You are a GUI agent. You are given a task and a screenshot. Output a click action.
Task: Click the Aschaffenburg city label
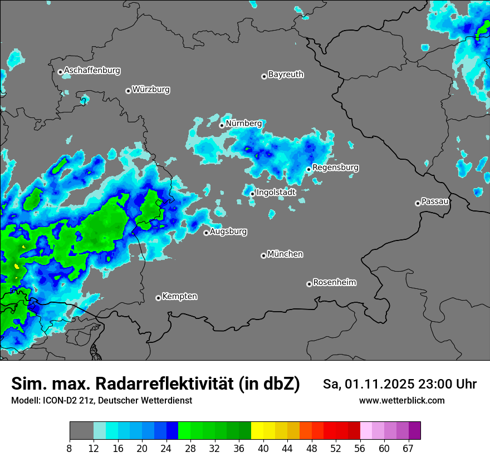click(92, 71)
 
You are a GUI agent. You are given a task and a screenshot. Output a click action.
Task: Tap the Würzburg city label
click(151, 90)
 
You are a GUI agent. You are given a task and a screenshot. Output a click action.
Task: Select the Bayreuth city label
click(286, 75)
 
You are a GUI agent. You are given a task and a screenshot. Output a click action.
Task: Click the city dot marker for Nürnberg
click(222, 125)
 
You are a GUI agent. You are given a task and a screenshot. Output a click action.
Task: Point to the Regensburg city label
click(335, 168)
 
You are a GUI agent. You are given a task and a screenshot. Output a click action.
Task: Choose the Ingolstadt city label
click(276, 193)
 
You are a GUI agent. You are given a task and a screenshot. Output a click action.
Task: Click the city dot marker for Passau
click(418, 203)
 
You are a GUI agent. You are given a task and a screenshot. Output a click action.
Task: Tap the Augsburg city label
click(228, 232)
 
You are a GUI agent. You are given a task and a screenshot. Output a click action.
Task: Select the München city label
click(285, 254)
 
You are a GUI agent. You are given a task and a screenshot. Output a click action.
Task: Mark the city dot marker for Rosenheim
click(309, 284)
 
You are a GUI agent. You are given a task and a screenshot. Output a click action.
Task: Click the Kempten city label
click(179, 297)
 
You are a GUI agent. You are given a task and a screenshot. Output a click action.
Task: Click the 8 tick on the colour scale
click(70, 449)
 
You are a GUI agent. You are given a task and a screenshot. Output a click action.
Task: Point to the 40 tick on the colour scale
click(263, 449)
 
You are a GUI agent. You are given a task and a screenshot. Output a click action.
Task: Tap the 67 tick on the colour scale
click(408, 449)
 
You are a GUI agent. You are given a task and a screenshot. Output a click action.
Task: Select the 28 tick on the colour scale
click(190, 449)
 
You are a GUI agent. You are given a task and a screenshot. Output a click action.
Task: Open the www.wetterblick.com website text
click(401, 401)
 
